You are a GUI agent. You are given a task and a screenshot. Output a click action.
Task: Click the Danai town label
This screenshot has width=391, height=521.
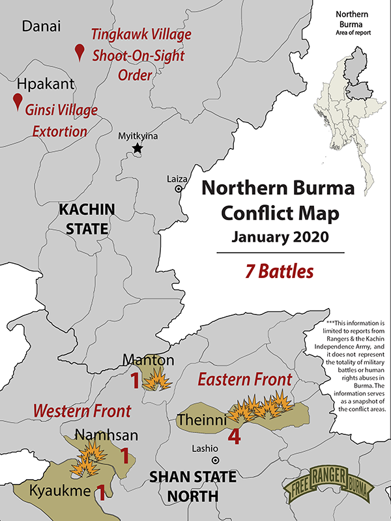tap(41, 26)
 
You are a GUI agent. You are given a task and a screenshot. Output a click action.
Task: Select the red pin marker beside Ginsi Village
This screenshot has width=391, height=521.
tap(18, 101)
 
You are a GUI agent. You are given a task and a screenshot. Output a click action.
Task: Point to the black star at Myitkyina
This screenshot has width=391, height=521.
tap(138, 149)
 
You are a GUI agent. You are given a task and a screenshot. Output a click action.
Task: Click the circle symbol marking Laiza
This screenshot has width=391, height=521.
tap(178, 189)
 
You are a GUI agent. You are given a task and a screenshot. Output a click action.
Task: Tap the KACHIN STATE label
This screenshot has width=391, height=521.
tap(87, 219)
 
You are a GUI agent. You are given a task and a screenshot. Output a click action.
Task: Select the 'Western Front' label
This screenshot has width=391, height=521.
tap(82, 411)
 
